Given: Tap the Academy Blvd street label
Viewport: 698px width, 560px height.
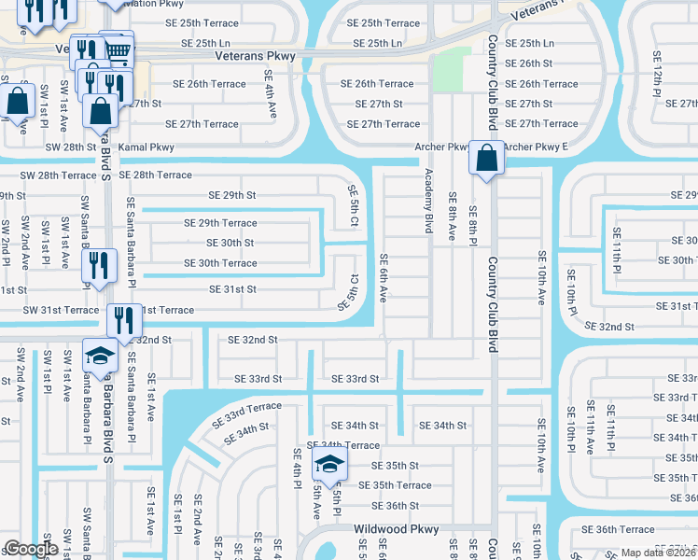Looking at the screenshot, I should pyautogui.click(x=429, y=200).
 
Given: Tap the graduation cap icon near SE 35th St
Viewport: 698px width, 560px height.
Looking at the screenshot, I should pyautogui.click(x=328, y=463).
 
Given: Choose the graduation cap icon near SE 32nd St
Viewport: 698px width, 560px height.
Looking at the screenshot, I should pyautogui.click(x=101, y=355).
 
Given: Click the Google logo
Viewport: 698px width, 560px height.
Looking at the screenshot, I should pyautogui.click(x=31, y=549).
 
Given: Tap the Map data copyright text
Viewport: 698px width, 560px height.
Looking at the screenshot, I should pyautogui.click(x=657, y=553).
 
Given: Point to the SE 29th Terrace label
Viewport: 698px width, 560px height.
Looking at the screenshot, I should pyautogui.click(x=220, y=223).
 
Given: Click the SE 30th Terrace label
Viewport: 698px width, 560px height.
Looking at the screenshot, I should pyautogui.click(x=220, y=263).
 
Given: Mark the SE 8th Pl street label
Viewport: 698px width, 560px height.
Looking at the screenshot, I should pyautogui.click(x=474, y=224).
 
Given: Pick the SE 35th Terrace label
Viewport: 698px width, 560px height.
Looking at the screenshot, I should pyautogui.click(x=401, y=485).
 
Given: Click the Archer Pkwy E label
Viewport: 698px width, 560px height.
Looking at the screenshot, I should pyautogui.click(x=536, y=147).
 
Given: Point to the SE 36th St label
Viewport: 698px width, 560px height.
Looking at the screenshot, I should pyautogui.click(x=395, y=506).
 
